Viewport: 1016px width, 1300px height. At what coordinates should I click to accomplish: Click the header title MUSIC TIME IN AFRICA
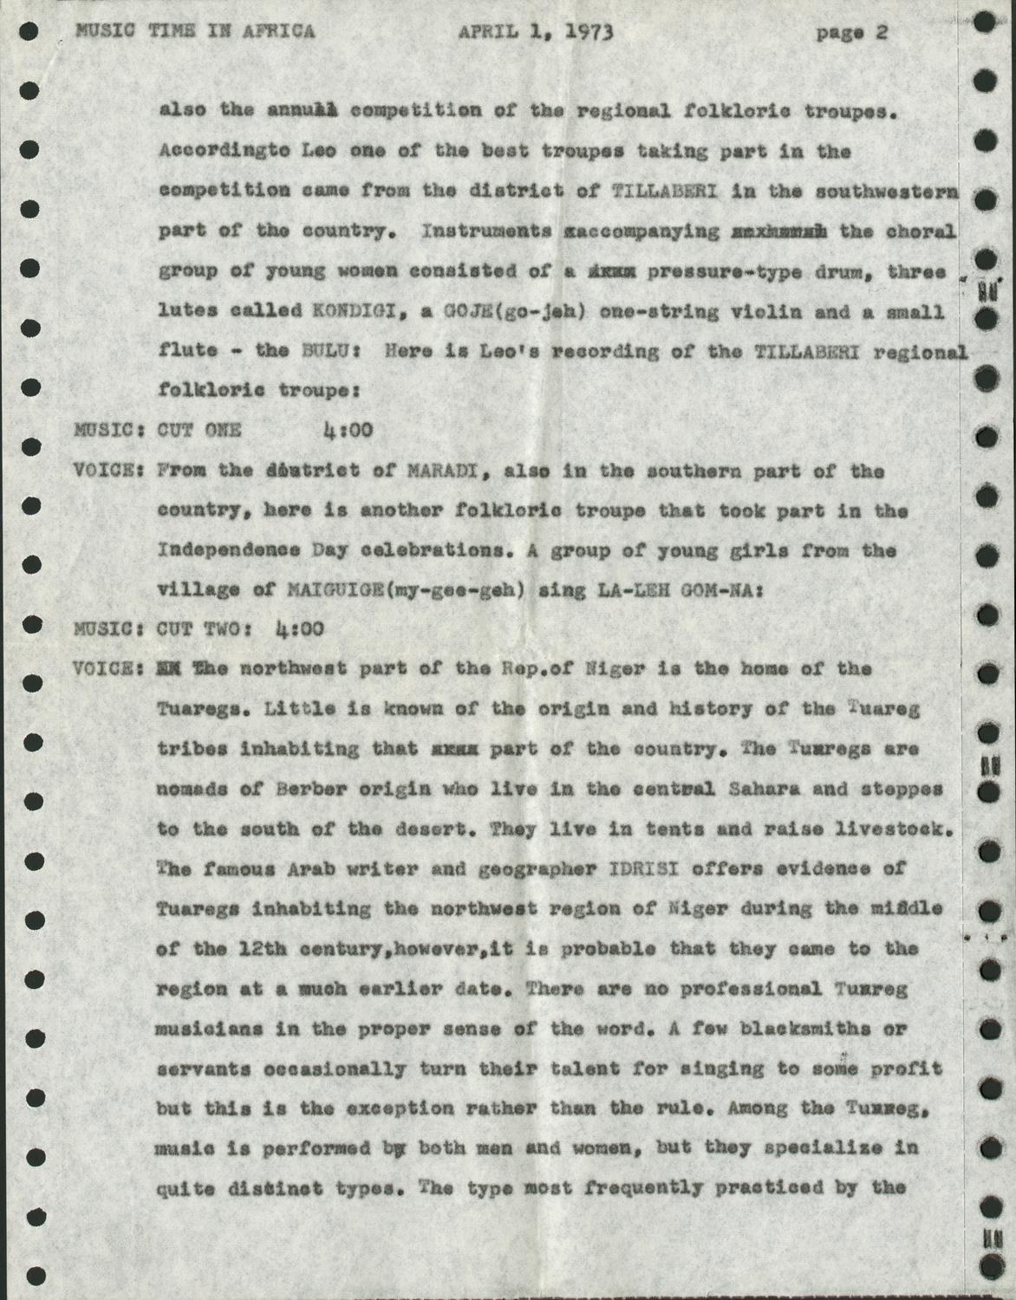point(195,31)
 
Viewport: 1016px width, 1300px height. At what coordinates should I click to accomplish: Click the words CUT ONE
point(199,429)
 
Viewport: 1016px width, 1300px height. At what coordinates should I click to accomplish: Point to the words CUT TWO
point(199,628)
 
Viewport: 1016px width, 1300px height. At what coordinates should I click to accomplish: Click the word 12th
point(250,948)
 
